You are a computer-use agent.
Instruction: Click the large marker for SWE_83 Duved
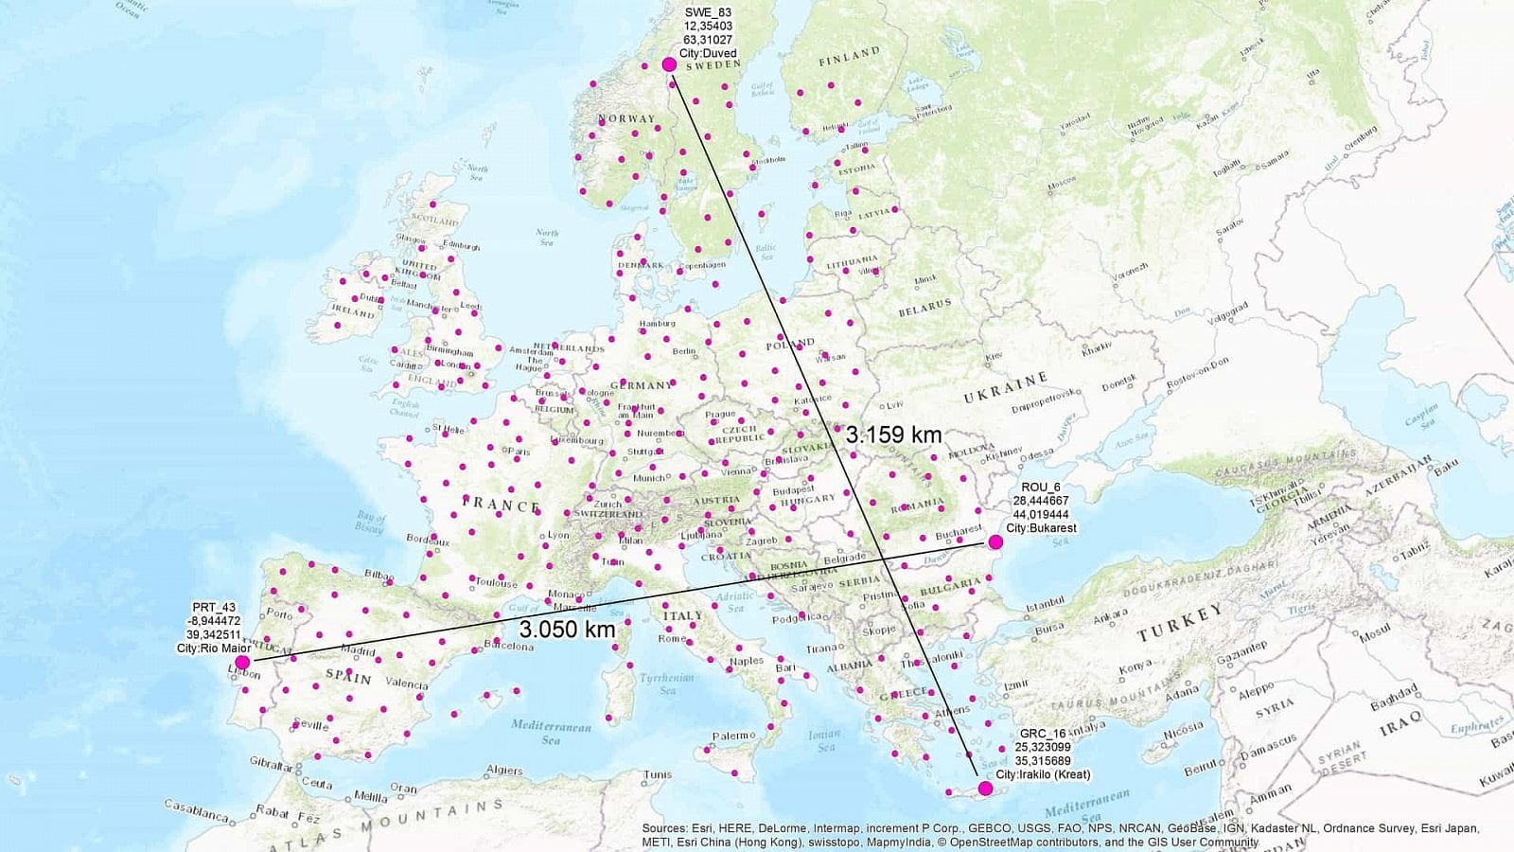669,64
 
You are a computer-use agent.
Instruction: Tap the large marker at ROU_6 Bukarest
995,542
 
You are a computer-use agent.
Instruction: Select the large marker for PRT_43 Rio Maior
242,662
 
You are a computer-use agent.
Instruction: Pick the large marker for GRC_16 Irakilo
985,789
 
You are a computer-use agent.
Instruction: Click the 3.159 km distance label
893,435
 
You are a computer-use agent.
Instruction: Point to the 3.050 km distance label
567,629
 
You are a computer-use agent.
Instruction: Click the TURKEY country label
1181,622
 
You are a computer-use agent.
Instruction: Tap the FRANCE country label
501,505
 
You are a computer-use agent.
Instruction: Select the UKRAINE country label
1005,387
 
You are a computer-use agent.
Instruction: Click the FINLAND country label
849,57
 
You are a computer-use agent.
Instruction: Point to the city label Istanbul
1045,603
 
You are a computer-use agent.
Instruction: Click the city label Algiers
503,771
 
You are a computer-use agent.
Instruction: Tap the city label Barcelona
509,647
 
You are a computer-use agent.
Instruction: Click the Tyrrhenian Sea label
667,683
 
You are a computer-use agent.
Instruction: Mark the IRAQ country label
1400,724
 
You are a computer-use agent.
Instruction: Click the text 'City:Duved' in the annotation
707,54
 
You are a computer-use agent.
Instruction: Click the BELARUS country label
924,308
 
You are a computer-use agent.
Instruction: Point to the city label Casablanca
198,810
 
